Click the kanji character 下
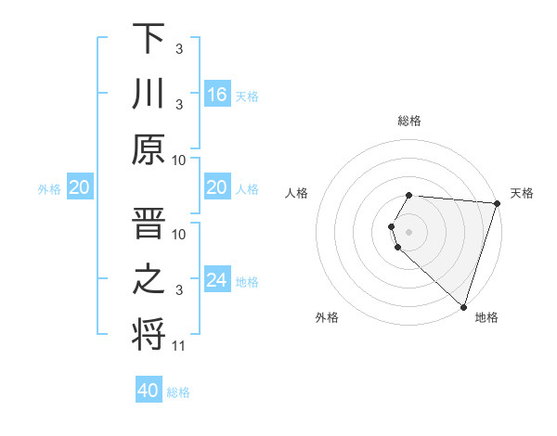point(149,39)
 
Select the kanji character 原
point(149,148)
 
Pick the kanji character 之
point(149,278)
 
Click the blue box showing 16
point(217,95)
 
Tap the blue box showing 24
point(217,280)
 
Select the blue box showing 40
point(149,391)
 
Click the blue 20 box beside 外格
point(79,188)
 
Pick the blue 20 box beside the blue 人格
point(217,188)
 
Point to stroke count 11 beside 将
point(179,346)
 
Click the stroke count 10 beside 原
point(179,160)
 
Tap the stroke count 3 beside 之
point(179,290)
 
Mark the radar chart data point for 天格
point(497,203)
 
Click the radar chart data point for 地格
point(463,306)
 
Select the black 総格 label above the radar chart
point(409,121)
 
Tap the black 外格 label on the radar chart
point(327,317)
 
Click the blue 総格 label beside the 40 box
point(178,391)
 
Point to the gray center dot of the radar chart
point(409,231)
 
